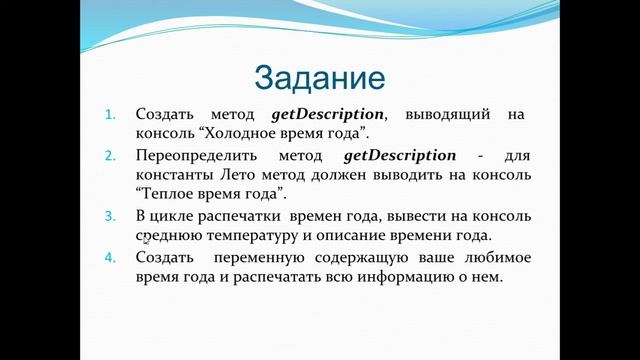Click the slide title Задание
(319, 77)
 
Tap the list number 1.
(111, 115)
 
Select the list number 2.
(111, 156)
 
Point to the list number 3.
(111, 217)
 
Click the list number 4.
(111, 258)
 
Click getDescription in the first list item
(327, 115)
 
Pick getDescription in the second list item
(399, 156)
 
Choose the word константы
(177, 176)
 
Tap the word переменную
(265, 258)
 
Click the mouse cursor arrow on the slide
(146, 240)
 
